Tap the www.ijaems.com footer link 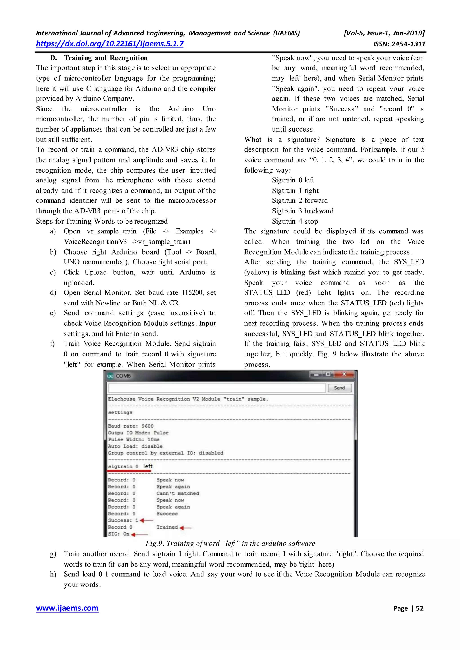click(x=67, y=608)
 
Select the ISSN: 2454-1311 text click(x=399, y=44)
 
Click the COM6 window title click(x=123, y=376)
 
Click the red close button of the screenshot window click(x=344, y=374)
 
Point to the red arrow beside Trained click(x=186, y=528)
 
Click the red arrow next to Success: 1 click(x=146, y=520)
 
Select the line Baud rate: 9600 click(x=130, y=426)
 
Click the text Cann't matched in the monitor click(x=178, y=493)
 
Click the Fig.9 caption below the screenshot click(x=230, y=543)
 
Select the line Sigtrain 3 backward click(x=303, y=211)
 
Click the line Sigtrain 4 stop click(x=295, y=221)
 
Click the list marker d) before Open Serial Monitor click(x=53, y=292)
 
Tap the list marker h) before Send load click(x=53, y=574)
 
